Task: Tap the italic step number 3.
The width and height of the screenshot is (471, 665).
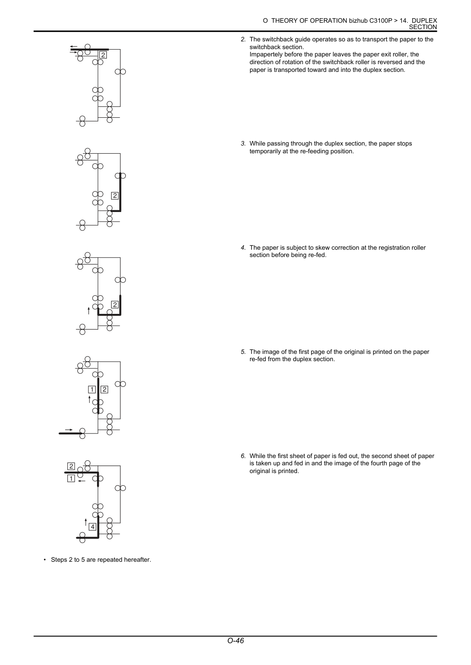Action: pos(243,144)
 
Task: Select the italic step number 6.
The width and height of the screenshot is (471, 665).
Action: pos(243,456)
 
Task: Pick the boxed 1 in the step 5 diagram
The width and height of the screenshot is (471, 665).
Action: pos(92,389)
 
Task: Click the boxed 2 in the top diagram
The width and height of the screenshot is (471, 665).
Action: pos(103,55)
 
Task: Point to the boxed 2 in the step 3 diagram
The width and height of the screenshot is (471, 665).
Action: pos(115,196)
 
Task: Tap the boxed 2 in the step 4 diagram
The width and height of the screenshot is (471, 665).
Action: pos(115,305)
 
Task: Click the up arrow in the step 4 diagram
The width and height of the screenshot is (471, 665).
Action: pos(89,311)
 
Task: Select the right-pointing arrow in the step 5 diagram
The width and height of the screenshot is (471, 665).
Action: pos(69,430)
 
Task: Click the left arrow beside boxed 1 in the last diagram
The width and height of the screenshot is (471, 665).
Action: pos(82,481)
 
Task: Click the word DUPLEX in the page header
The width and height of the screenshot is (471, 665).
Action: pos(425,20)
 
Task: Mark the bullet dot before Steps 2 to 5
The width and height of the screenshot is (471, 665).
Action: pos(45,560)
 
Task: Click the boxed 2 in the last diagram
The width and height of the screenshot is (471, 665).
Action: pos(71,466)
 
